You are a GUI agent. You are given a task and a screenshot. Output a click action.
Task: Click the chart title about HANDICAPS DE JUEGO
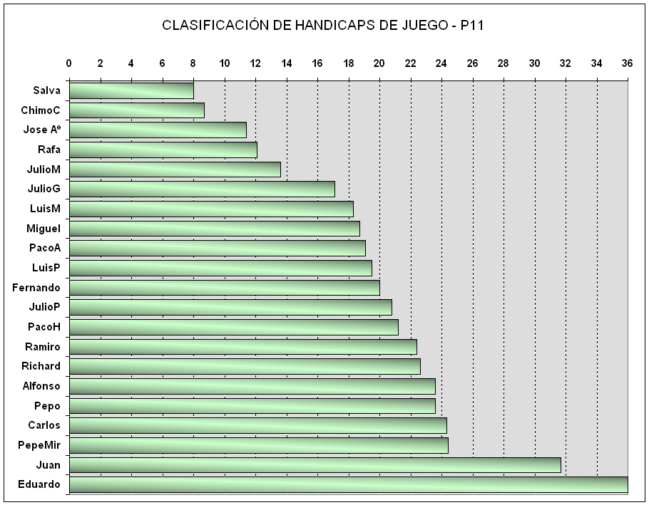pos(324,26)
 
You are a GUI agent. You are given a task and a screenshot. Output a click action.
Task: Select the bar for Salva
pos(131,90)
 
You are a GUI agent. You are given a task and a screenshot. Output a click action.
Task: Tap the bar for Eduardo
pos(348,484)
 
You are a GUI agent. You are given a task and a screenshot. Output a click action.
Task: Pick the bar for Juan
pos(315,465)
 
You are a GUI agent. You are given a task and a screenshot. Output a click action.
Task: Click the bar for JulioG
pos(202,189)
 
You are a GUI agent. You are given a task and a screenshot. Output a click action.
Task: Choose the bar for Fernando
pos(224,288)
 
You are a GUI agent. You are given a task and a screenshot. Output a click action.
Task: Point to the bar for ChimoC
pos(136,110)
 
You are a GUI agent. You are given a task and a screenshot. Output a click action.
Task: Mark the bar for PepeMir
pos(258,445)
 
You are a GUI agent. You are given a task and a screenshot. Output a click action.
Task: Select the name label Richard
pos(41,366)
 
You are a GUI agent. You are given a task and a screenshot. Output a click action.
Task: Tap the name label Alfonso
pos(42,386)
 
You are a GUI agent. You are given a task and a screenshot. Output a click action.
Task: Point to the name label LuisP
pos(46,268)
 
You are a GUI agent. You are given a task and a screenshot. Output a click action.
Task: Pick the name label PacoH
pos(44,327)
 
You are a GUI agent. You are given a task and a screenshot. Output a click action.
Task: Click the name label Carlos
pos(44,425)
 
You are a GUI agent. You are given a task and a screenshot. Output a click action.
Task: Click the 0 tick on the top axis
pos(69,63)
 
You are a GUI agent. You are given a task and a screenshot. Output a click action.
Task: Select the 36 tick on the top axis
pos(628,63)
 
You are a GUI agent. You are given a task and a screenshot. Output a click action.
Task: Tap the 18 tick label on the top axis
pos(348,63)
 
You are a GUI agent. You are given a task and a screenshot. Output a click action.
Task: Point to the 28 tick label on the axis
pos(504,63)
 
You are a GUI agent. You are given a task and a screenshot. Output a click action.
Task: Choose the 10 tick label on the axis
pos(224,63)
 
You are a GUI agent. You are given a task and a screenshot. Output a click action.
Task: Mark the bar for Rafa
pos(163,150)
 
